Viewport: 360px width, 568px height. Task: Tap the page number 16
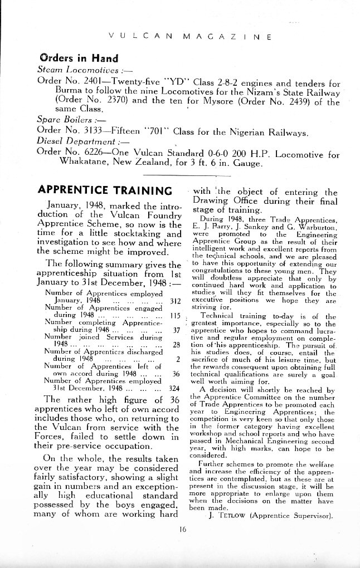183,529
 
